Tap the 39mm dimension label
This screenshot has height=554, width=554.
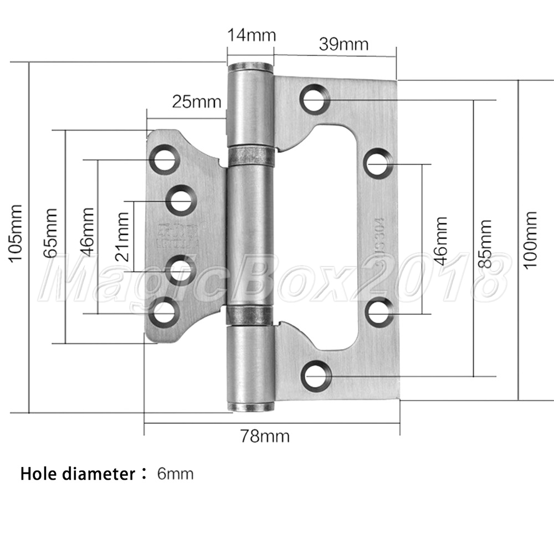pos(343,44)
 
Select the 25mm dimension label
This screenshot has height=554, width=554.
pos(197,102)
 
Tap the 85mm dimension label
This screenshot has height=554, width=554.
pos(485,244)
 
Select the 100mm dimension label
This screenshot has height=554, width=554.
pos(530,240)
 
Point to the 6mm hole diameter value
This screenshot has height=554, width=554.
pos(175,474)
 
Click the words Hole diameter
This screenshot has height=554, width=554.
pos(78,474)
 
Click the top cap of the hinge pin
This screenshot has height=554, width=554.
pos(251,67)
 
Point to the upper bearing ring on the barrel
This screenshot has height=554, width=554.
pos(251,156)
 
